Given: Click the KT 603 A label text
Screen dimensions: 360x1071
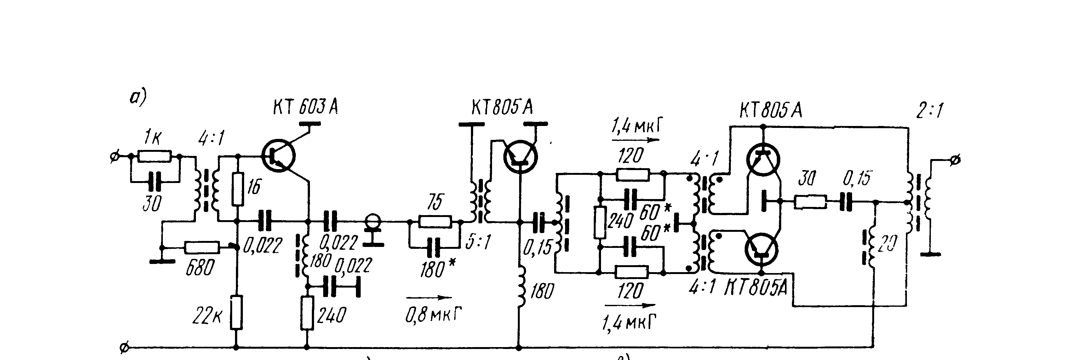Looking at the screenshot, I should pos(305,107).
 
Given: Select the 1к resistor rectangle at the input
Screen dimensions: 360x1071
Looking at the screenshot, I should pos(154,156).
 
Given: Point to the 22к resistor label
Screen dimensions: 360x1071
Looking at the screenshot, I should pos(207,317).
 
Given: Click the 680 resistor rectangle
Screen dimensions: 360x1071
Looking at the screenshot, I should pos(202,248).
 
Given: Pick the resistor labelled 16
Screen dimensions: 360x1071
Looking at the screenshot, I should pos(238,189).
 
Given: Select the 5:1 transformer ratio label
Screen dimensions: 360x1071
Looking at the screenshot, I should pos(478,242).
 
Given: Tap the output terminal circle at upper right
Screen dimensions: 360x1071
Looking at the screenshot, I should pos(955,160).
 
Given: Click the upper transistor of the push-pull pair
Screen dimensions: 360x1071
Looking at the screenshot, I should pos(763,159).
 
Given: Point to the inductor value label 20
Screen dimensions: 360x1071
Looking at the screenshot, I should pos(886,244).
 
